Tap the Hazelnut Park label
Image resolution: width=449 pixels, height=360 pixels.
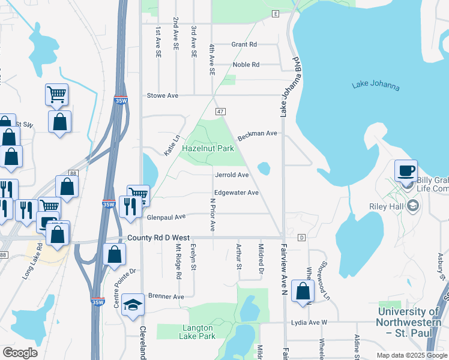point(208,148)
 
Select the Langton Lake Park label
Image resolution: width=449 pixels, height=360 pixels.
point(197,332)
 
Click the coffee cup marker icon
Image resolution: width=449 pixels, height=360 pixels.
point(406,170)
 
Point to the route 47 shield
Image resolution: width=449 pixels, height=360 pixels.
point(220,112)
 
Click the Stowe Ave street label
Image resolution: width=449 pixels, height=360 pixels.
point(163,95)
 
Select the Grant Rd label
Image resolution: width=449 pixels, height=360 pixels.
point(244,44)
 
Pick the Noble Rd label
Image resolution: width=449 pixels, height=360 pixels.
point(246,65)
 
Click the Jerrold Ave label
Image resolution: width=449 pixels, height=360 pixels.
point(232,175)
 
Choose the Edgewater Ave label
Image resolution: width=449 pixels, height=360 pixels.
point(237,193)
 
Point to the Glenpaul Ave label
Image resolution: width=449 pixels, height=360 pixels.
point(166,217)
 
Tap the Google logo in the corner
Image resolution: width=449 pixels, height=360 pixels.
point(20,353)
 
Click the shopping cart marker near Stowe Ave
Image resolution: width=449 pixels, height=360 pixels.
point(56,94)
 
